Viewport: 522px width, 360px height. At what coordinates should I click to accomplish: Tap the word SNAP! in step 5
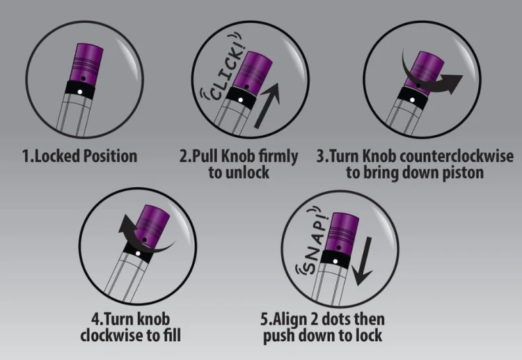pyautogui.click(x=315, y=243)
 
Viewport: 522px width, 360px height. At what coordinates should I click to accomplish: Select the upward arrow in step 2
pyautogui.click(x=267, y=105)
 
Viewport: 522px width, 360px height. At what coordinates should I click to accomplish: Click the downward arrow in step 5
pyautogui.click(x=363, y=261)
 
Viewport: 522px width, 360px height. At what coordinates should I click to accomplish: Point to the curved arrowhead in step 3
pyautogui.click(x=452, y=83)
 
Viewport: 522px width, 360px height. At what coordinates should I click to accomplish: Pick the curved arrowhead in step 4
pyautogui.click(x=125, y=224)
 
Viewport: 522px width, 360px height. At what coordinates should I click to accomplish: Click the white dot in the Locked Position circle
pyautogui.click(x=80, y=92)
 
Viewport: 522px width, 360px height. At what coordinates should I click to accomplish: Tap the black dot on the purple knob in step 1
pyautogui.click(x=84, y=79)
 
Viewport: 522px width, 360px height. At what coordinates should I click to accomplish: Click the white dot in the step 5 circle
pyautogui.click(x=335, y=261)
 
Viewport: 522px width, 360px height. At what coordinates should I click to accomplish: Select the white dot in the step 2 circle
pyautogui.click(x=240, y=100)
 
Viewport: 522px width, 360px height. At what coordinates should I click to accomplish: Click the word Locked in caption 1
pyautogui.click(x=57, y=156)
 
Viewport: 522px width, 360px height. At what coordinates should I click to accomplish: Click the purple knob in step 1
pyautogui.click(x=86, y=63)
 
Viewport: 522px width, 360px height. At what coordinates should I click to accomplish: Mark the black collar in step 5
pyautogui.click(x=334, y=259)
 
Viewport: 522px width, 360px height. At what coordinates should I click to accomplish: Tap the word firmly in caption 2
pyautogui.click(x=278, y=157)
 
